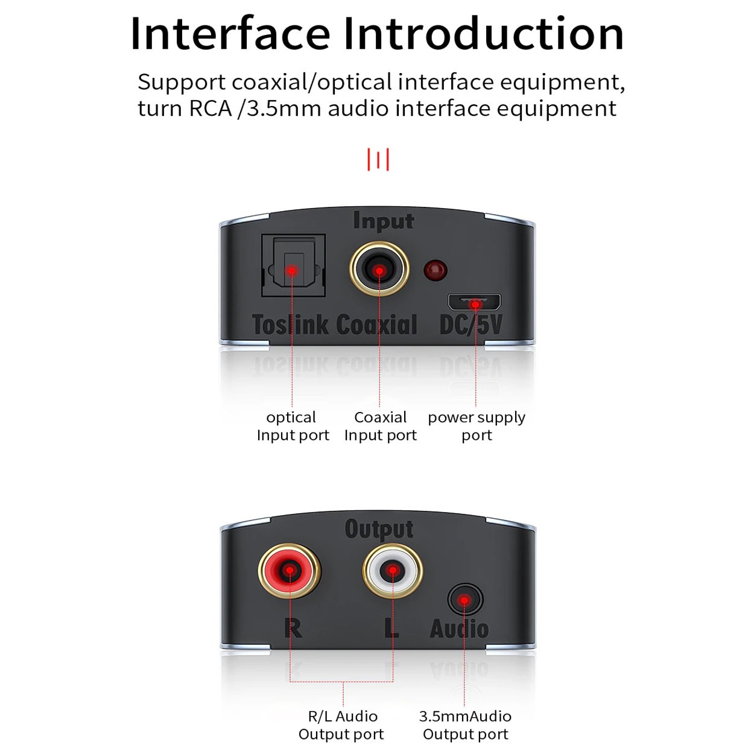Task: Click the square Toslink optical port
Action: pos(293,266)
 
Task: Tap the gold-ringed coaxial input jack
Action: pos(379,270)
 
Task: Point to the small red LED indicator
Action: pos(435,270)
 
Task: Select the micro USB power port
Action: pos(474,302)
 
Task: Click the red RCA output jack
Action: pos(290,570)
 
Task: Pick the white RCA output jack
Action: pos(392,570)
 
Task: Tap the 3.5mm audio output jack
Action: pos(465,600)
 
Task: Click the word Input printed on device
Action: pos(384,221)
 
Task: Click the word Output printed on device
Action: pos(379,529)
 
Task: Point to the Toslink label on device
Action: pos(290,325)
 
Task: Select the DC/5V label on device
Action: pos(470,325)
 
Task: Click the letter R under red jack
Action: pos(293,628)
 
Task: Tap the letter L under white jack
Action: pos(391,628)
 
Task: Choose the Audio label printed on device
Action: pos(459,629)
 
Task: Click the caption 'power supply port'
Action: pos(477,426)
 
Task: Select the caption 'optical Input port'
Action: pos(293,426)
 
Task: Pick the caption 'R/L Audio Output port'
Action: pos(341,725)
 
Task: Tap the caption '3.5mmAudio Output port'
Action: pos(465,725)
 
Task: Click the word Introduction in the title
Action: pos(483,34)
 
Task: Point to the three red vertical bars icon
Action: pos(378,160)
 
